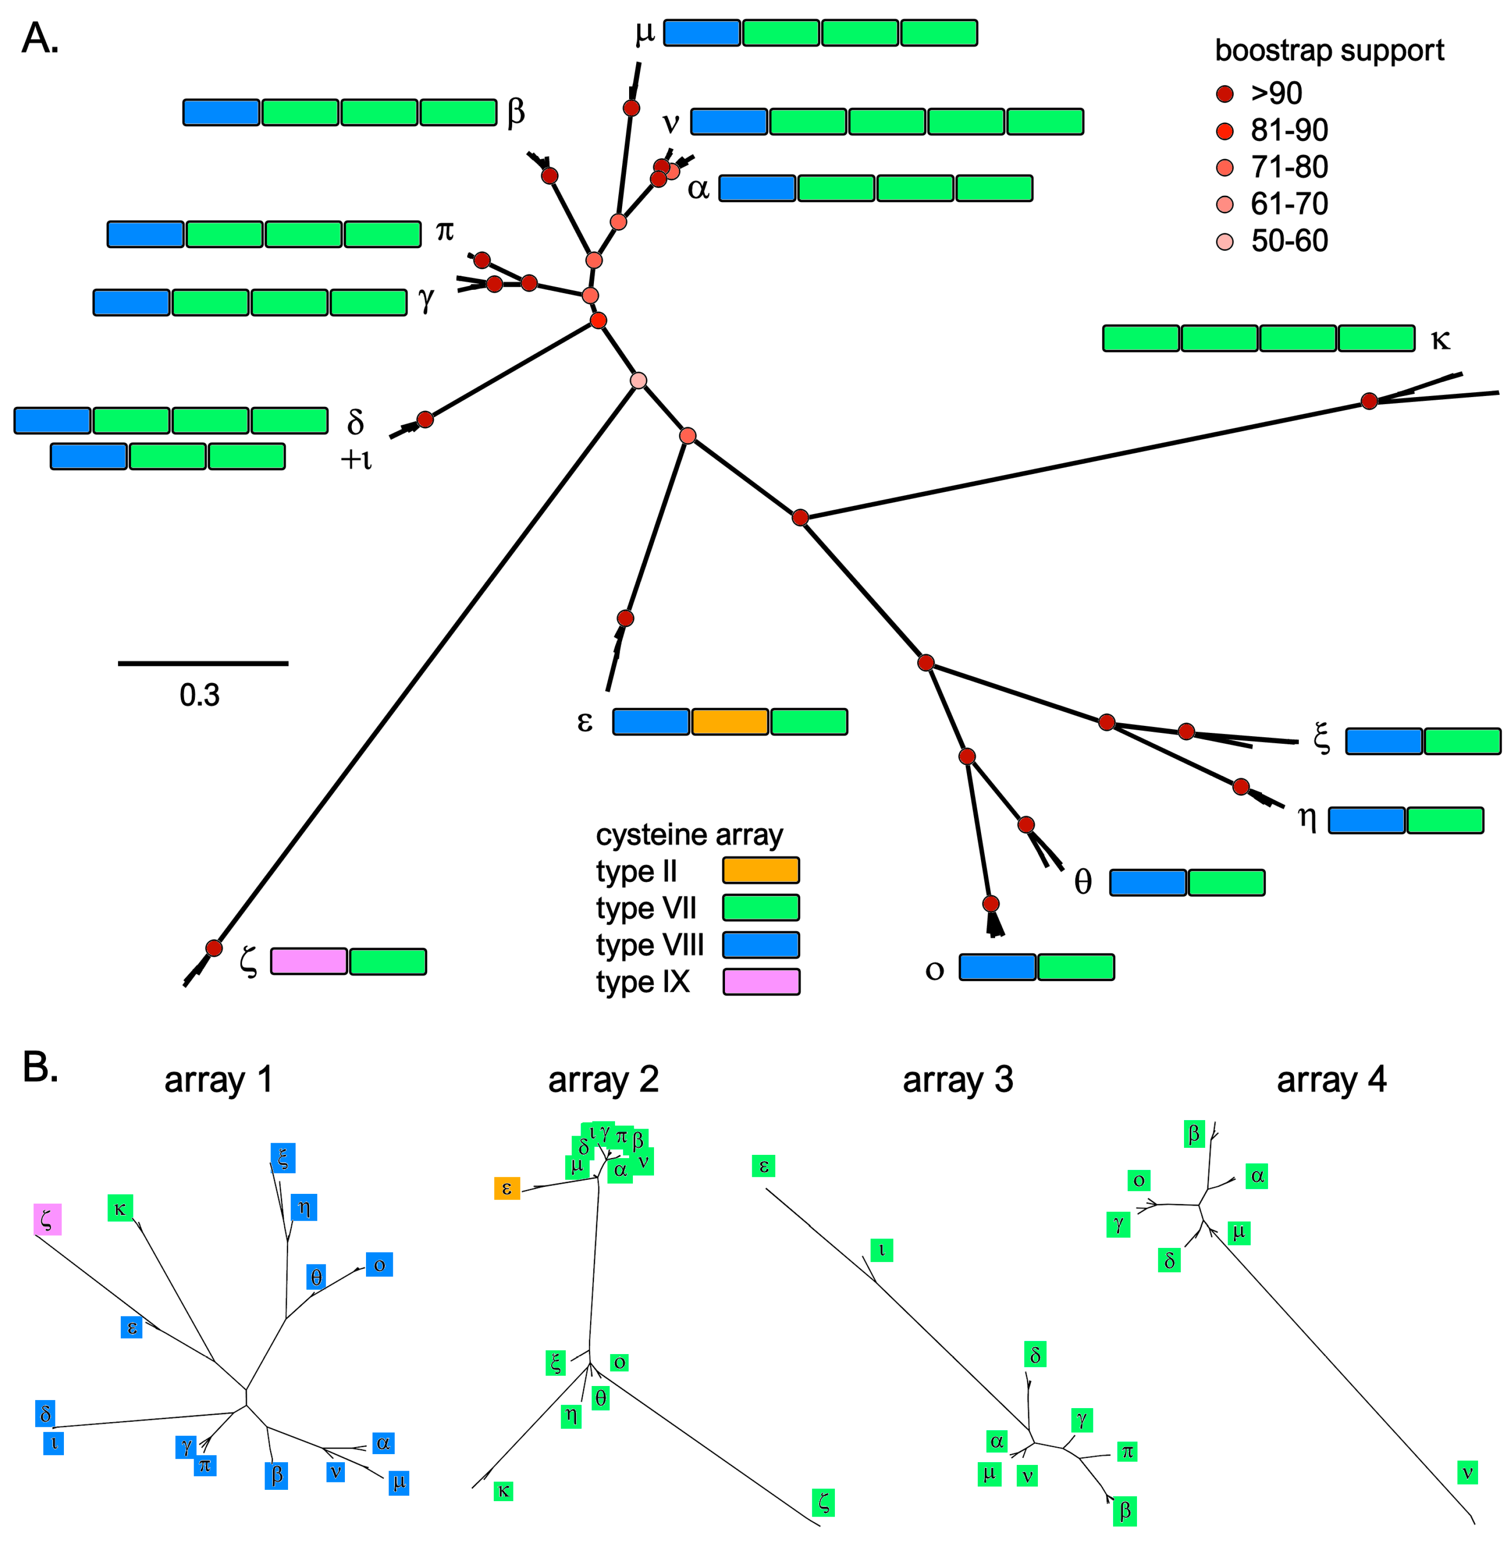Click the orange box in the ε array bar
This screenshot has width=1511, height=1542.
coord(729,721)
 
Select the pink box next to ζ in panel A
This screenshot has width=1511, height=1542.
coord(309,961)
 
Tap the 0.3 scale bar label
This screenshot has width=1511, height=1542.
coord(199,695)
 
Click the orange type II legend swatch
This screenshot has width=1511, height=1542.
coord(760,870)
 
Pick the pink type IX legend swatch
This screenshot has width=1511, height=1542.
coord(760,981)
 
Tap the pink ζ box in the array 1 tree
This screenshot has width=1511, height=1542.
coord(47,1218)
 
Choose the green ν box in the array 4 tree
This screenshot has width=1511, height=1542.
coord(1467,1472)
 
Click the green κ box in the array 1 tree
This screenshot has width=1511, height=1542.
coord(120,1208)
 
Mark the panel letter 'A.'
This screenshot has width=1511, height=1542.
coord(39,38)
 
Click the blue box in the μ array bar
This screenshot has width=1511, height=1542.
coord(701,32)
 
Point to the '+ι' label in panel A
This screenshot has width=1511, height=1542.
coord(356,459)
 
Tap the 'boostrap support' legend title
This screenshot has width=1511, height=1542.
coord(1329,50)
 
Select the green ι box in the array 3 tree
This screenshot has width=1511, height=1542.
coord(881,1250)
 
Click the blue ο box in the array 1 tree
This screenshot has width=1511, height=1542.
coord(379,1264)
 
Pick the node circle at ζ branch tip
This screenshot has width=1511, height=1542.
coord(213,948)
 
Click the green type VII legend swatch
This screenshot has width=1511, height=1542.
coord(760,907)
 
